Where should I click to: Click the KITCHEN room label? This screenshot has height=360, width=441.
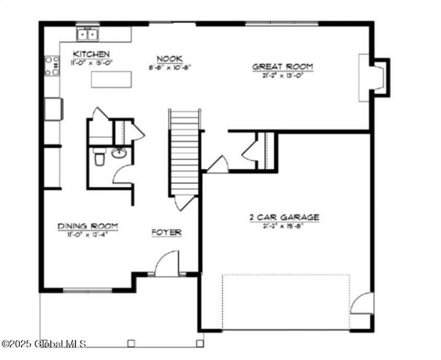tap(92, 54)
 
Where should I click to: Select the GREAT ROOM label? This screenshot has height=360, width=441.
tap(282, 67)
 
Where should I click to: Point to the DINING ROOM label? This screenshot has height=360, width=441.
tap(88, 225)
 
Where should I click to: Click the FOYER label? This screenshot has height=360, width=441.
tap(166, 233)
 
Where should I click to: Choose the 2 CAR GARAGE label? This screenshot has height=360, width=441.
tap(283, 217)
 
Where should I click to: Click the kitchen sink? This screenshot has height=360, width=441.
tap(88, 34)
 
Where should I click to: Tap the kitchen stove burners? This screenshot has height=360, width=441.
tap(52, 66)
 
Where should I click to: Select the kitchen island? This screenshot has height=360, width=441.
tap(112, 80)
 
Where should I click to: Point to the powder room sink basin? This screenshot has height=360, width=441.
tap(119, 153)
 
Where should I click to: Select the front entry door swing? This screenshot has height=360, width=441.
tap(167, 264)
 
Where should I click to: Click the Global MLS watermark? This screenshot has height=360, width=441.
tap(44, 343)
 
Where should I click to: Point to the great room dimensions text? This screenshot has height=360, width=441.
tap(282, 76)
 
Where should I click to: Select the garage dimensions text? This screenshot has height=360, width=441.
tap(283, 226)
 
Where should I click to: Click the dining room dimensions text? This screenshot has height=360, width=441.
tap(88, 234)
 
